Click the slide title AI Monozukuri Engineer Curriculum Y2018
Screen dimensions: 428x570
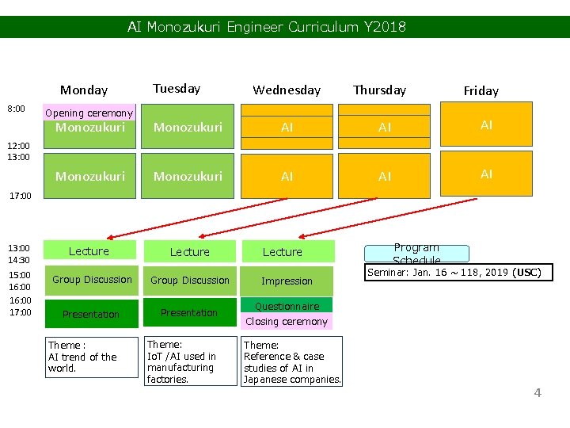pyautogui.click(x=267, y=27)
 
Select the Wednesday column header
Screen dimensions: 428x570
pyautogui.click(x=287, y=90)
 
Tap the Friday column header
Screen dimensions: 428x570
pyautogui.click(x=481, y=91)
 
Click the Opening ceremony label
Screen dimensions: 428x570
pyautogui.click(x=89, y=113)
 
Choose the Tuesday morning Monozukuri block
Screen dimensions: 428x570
pyautogui.click(x=188, y=127)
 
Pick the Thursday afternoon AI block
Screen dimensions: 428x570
pyautogui.click(x=385, y=177)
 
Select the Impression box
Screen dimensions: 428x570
pyautogui.click(x=287, y=281)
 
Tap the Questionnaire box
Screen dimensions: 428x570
pyautogui.click(x=287, y=306)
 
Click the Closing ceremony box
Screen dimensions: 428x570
pyautogui.click(x=287, y=322)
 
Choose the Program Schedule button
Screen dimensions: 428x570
pyautogui.click(x=416, y=254)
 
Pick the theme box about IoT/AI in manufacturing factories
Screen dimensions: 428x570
pyautogui.click(x=190, y=361)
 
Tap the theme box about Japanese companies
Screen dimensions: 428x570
pyautogui.click(x=292, y=361)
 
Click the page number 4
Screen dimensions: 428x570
pyautogui.click(x=538, y=392)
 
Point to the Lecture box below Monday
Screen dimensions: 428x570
pyautogui.click(x=89, y=251)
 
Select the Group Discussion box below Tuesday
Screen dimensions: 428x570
pyautogui.click(x=190, y=281)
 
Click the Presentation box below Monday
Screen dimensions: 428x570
pyautogui.click(x=90, y=315)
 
